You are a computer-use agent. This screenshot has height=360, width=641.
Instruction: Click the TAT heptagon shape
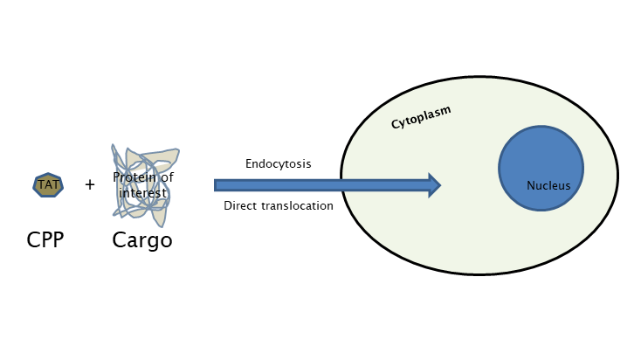48,185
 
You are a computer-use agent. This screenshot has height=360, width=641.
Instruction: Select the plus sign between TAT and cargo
90,185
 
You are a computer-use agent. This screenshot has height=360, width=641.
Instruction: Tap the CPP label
45,239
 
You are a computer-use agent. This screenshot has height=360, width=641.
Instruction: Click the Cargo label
142,240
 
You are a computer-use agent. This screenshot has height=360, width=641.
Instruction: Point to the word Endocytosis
279,164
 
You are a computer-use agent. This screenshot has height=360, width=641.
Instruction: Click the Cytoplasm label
421,117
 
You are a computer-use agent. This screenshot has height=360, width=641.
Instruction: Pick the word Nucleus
548,186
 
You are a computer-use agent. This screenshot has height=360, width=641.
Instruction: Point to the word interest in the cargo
143,193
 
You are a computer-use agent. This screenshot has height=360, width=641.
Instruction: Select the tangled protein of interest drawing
146,185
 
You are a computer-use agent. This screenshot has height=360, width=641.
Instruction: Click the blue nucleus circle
541,168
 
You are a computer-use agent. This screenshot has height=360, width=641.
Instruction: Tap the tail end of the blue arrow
215,185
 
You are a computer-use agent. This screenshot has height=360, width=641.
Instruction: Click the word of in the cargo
167,177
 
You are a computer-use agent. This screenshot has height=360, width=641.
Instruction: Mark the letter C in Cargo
119,239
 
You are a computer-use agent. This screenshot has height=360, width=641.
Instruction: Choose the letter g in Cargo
154,243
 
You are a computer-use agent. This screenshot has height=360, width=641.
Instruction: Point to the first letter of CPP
33,239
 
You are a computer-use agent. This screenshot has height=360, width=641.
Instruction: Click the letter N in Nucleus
531,186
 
